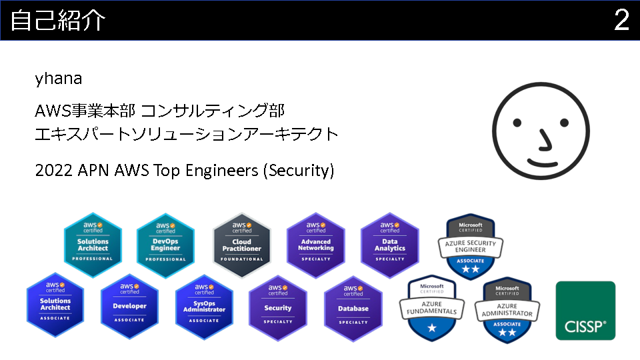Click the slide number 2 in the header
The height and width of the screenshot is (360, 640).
[x=621, y=21]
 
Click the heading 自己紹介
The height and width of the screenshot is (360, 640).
[x=57, y=21]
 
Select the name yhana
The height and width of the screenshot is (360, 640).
[x=59, y=79]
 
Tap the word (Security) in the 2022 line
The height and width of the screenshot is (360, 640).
[x=299, y=171]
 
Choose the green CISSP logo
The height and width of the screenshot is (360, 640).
[x=585, y=311]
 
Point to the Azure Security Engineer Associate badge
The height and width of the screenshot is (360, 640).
[x=467, y=247]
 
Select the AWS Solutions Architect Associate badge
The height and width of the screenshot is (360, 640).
[x=55, y=304]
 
